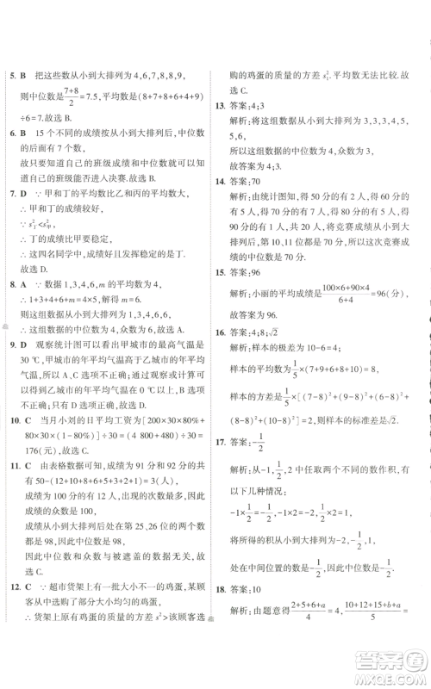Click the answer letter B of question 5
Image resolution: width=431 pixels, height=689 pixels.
click(24, 76)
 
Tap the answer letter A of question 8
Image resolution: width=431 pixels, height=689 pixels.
click(24, 283)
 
